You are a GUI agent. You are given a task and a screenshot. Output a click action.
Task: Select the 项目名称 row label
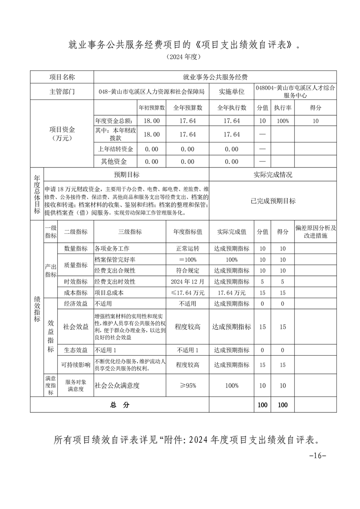62,77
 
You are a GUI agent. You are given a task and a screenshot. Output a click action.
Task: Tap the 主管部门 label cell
62,92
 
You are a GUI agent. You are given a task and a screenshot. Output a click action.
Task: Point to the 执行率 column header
282,108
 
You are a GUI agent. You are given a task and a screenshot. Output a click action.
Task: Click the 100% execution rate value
282,121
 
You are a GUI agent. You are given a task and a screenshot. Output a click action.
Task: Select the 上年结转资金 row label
115,149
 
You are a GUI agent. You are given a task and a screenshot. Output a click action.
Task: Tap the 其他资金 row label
115,162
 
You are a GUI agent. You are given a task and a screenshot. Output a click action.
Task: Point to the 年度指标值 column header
187,231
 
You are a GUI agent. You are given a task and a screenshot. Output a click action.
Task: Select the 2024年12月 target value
187,282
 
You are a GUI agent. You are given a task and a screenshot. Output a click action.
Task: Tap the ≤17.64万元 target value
187,293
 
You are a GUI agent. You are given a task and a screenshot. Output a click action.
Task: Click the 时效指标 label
75,282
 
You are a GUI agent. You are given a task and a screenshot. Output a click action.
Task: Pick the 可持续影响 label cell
75,365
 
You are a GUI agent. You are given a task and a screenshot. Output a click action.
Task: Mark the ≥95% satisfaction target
187,386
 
